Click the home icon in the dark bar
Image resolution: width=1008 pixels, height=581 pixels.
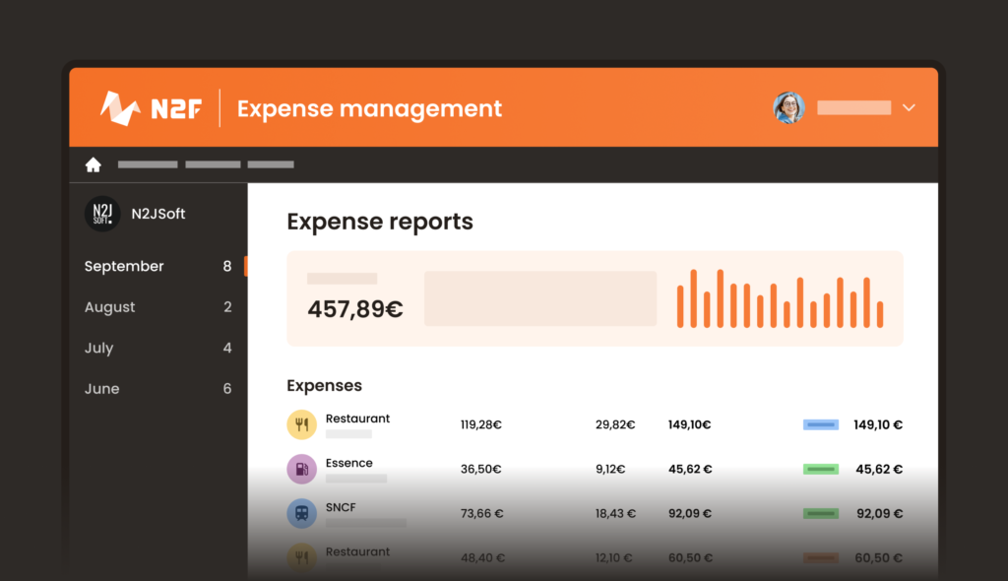(94, 165)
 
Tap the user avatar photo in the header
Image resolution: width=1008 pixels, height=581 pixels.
(788, 107)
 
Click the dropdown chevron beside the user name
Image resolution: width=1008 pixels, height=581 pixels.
(909, 107)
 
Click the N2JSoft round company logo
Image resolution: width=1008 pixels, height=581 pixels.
(101, 214)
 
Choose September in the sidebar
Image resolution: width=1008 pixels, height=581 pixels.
(124, 266)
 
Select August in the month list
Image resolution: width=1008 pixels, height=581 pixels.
(109, 307)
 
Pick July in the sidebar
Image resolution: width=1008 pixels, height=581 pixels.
(98, 348)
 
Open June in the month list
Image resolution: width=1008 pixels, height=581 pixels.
(101, 389)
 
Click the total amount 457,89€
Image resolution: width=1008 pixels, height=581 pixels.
(354, 309)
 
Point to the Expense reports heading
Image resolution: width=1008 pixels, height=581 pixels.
(380, 222)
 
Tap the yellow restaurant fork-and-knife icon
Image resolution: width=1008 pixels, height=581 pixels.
(301, 424)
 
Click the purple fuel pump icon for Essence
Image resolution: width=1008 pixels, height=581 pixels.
(301, 469)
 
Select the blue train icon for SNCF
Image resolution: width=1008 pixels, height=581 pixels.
(301, 513)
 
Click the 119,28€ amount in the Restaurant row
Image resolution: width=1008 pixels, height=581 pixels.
(480, 425)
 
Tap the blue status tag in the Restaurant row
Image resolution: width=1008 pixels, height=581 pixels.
(820, 425)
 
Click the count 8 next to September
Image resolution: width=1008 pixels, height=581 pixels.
(227, 266)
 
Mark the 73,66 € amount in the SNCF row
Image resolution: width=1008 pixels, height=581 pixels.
(482, 514)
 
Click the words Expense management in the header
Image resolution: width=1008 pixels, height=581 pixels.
(369, 108)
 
